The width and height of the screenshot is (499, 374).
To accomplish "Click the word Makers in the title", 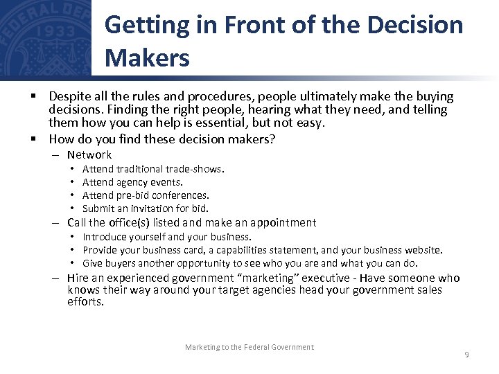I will coord(147,58).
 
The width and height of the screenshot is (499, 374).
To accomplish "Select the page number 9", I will coord(466,355).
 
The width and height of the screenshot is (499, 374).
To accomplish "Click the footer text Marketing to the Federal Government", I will coord(249,347).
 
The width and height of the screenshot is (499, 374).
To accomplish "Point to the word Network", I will coord(89,155).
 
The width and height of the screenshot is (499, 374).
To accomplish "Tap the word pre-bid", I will coord(129,195).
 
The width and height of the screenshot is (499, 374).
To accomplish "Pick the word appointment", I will coord(281,223).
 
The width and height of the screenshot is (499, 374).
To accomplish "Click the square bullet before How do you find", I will coord(33,139).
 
